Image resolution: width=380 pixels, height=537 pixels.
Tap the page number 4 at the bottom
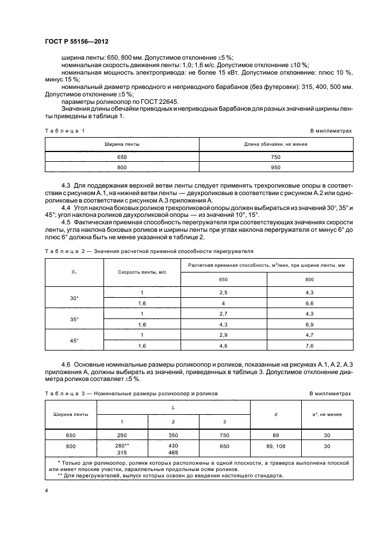[x=46, y=491]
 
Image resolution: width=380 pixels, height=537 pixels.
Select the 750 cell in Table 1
[x=276, y=157]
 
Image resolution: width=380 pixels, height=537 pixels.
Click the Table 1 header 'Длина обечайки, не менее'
[x=276, y=144]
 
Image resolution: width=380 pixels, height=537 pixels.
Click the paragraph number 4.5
[x=66, y=221]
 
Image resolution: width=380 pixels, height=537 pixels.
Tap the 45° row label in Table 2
[x=74, y=340]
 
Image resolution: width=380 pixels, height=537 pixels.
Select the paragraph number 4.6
[x=66, y=365]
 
